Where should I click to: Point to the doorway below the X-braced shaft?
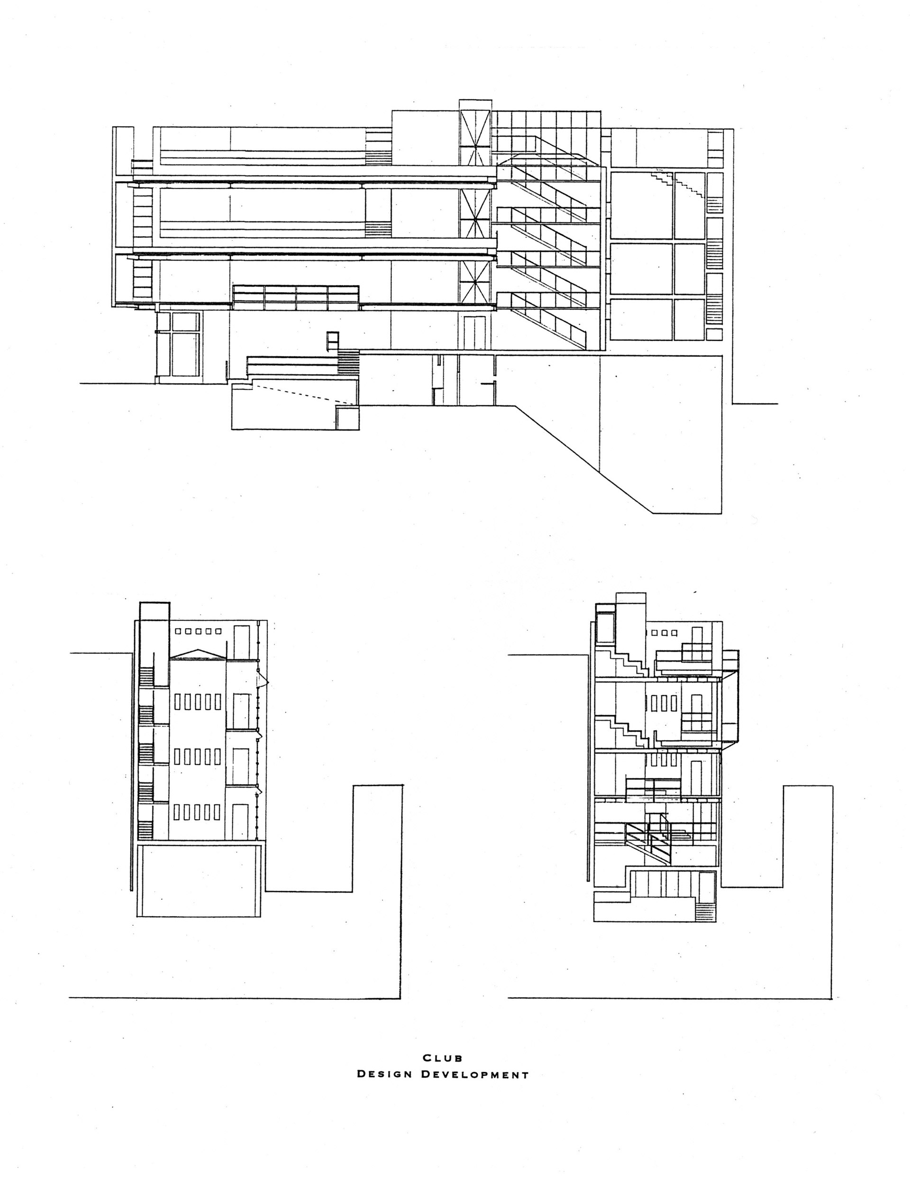coord(474,333)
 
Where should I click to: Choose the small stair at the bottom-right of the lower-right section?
coord(704,912)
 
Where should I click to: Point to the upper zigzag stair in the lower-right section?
coord(626,664)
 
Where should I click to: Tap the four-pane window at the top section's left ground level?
coord(178,345)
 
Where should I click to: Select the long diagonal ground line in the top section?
coord(582,458)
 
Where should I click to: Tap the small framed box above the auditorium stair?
coord(332,341)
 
